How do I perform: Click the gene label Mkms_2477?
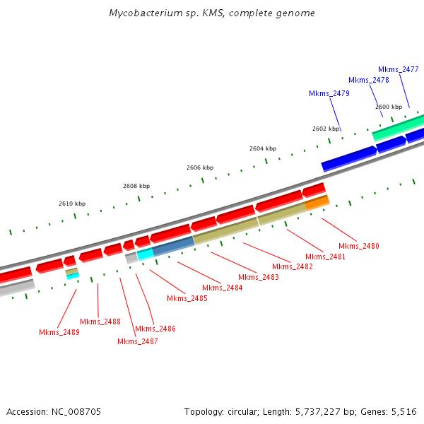(x=399, y=69)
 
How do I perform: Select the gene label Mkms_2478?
(x=369, y=80)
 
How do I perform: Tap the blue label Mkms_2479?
(x=329, y=93)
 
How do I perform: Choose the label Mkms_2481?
(x=326, y=257)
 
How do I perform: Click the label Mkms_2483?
(x=259, y=277)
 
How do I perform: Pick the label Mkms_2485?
(x=187, y=298)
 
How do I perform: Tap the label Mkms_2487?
(x=138, y=341)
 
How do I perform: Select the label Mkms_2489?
(x=59, y=332)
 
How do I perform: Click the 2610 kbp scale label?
(x=72, y=204)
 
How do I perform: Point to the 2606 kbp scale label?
(x=200, y=167)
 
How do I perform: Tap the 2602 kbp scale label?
(x=326, y=129)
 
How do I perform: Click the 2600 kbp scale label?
(x=389, y=107)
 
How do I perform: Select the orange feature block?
(x=317, y=202)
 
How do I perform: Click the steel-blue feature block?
(x=173, y=245)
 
